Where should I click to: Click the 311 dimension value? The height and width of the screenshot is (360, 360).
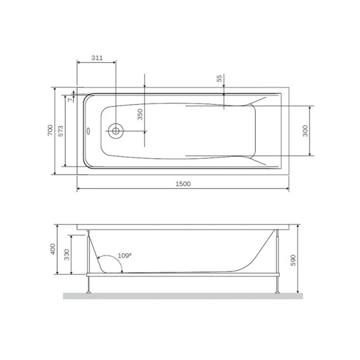pos(96,58)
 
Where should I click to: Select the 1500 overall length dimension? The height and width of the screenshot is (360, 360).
pos(184,184)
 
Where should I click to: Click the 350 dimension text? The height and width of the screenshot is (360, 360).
pos(140,115)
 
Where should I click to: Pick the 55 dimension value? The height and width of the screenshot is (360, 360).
pos(220,79)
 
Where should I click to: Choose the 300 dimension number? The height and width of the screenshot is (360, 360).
pos(305,131)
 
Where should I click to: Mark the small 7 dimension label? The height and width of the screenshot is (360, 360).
pos(70,100)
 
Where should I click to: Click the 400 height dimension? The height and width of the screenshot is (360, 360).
pos(53,249)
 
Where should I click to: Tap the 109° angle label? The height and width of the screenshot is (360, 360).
pos(124,255)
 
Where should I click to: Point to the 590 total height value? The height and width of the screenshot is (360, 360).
pos(293,260)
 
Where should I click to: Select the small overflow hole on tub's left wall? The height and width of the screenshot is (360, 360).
pos(89,130)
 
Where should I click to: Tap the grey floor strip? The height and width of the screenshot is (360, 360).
pos(183,295)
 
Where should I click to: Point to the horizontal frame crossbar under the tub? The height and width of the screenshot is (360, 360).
pos(183,275)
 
